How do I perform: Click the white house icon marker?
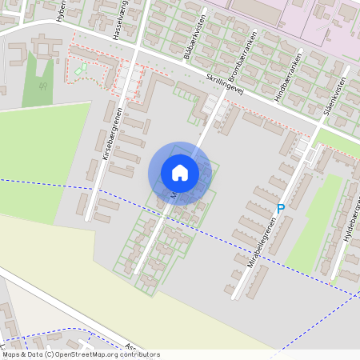pyautogui.click(x=179, y=173)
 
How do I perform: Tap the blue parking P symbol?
pyautogui.click(x=280, y=209)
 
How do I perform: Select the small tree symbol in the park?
pyautogui.click(x=81, y=69)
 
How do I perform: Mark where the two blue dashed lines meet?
pyautogui.click(x=352, y=293)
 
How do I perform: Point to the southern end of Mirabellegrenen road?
pyautogui.click(x=234, y=297)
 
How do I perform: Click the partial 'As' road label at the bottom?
pyautogui.click(x=130, y=346)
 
